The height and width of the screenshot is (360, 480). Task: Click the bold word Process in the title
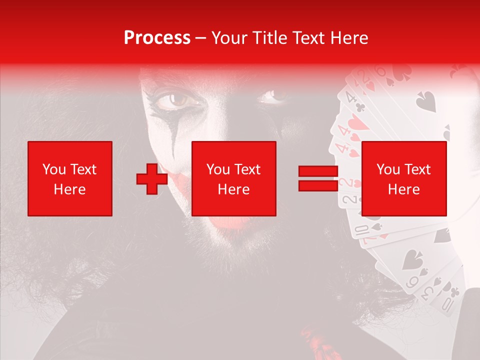click(157, 38)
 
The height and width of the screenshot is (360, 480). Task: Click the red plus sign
click(152, 179)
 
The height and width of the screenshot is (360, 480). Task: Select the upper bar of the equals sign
click(318, 171)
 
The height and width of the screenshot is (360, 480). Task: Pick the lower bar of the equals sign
click(318, 185)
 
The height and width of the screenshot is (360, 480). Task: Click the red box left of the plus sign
click(70, 178)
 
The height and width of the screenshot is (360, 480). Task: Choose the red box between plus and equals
click(234, 178)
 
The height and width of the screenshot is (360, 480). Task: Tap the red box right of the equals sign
click(404, 178)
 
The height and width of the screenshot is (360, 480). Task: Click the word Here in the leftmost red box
click(70, 189)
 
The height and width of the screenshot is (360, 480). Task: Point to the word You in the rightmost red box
click(388, 169)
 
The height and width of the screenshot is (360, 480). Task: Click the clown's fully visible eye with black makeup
click(178, 100)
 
